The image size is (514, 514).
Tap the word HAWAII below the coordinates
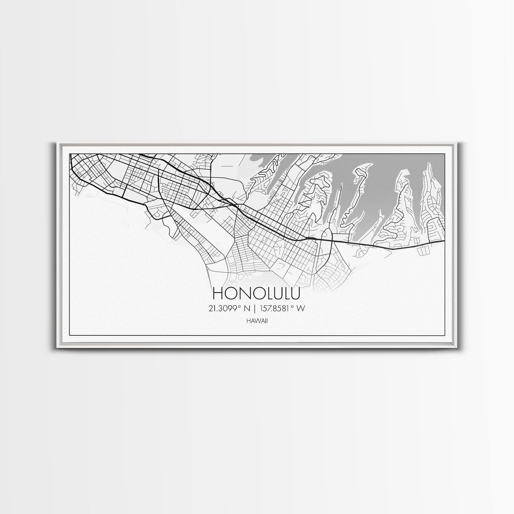coord(257,321)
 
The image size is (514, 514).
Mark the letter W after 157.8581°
coord(301,309)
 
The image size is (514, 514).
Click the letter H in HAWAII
coord(247,321)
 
